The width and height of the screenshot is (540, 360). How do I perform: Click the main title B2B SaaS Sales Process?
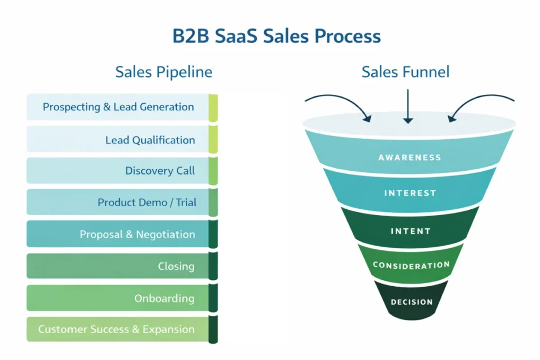click(x=276, y=36)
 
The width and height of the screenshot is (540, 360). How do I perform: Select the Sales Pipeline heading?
click(x=163, y=72)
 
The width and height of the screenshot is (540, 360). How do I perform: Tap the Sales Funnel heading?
click(x=405, y=72)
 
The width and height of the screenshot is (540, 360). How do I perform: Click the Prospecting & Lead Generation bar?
click(x=118, y=107)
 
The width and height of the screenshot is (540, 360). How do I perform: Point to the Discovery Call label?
click(x=160, y=171)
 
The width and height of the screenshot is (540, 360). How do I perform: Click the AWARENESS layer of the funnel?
click(x=409, y=157)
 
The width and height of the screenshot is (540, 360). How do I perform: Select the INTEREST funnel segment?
click(x=410, y=193)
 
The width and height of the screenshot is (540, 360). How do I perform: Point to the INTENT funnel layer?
click(x=410, y=231)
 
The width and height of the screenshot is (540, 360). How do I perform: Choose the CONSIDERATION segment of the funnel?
click(x=411, y=265)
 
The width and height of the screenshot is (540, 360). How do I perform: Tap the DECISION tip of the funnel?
click(x=411, y=302)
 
